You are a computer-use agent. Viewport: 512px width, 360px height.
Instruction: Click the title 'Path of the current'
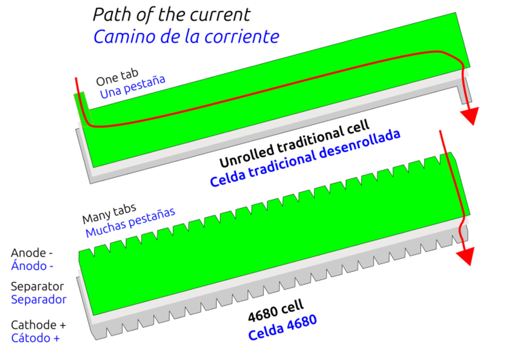point(171,15)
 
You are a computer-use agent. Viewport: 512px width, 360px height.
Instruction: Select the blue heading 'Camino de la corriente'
point(186,37)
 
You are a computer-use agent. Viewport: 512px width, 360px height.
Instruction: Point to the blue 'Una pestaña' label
point(133,87)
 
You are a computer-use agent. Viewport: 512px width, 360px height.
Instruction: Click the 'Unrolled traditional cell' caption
point(294,143)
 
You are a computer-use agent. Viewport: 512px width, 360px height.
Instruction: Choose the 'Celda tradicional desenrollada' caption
point(305,158)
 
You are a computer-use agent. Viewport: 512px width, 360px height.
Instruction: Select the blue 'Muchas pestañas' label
point(130,222)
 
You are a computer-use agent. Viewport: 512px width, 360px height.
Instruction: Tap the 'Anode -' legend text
point(32,253)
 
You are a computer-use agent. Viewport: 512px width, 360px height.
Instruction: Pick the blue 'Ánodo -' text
point(32,266)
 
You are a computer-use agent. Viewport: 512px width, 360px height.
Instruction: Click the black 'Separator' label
point(37,286)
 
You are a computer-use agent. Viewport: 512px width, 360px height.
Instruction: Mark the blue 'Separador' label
point(39,300)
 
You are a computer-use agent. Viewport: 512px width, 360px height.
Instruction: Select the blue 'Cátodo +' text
point(35,338)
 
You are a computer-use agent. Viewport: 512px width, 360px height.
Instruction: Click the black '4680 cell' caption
point(276,311)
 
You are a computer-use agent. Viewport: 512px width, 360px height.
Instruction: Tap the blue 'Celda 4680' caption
point(282,327)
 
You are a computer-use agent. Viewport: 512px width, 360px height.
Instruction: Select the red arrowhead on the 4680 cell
point(465,256)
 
